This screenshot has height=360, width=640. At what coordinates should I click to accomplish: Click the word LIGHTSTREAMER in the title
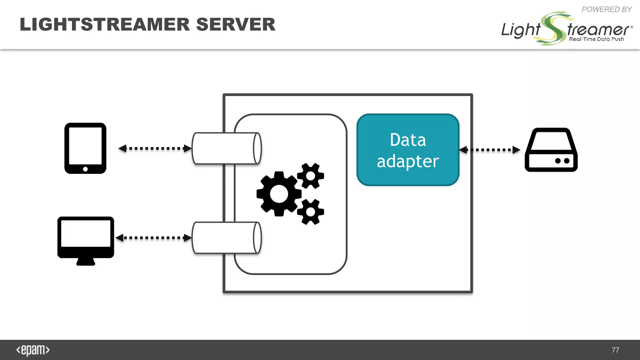(105, 24)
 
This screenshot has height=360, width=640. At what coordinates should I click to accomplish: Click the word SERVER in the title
(236, 24)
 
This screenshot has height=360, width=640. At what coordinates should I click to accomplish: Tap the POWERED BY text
(607, 9)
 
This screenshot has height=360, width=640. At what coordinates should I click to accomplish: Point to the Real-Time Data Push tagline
(596, 39)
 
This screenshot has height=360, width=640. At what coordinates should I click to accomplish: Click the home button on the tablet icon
(85, 169)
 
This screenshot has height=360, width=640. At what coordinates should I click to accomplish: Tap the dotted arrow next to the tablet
(155, 148)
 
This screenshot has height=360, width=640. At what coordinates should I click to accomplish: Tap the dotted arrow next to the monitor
(153, 238)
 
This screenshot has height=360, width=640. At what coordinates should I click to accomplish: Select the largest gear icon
(278, 194)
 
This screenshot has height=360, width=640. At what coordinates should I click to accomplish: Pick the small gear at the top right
(310, 176)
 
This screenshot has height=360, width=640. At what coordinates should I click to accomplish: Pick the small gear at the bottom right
(310, 212)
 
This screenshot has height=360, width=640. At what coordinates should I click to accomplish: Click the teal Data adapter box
(408, 150)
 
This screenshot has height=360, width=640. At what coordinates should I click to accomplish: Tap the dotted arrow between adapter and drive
(490, 150)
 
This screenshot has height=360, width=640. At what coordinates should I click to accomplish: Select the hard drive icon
(551, 150)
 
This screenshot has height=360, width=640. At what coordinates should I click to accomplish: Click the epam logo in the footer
(33, 350)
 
